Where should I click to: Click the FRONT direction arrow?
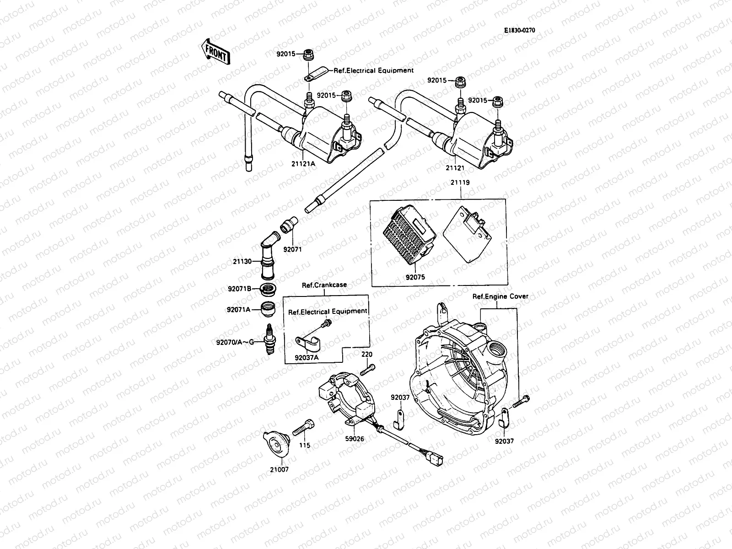[215, 51]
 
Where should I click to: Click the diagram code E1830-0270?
[519, 31]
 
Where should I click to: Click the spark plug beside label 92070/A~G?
[269, 339]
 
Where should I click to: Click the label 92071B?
[239, 289]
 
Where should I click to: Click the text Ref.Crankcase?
[324, 285]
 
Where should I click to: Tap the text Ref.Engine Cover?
[500, 296]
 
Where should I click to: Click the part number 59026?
[355, 439]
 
